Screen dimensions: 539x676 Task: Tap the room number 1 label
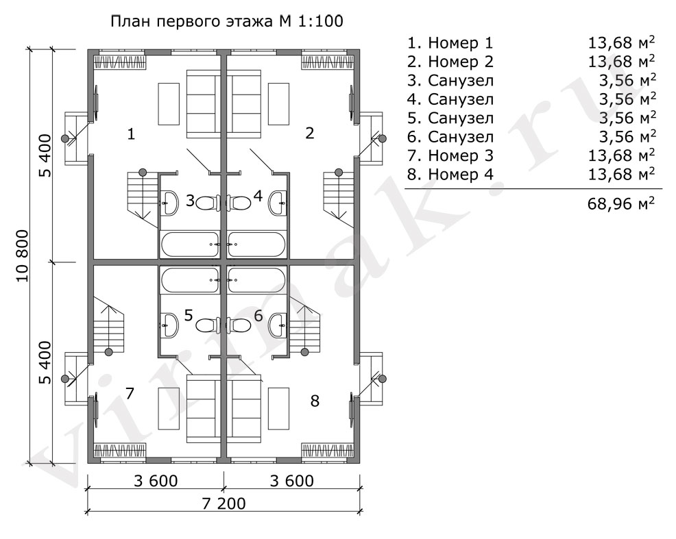pos(130,134)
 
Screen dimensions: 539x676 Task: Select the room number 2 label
pos(309,134)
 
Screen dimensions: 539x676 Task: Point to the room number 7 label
pos(130,392)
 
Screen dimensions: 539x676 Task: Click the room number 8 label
pos(315,401)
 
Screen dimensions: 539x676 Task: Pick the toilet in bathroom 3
pos(207,201)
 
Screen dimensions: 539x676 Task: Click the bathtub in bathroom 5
pos(189,279)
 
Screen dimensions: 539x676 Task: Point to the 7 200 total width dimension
pos(223,504)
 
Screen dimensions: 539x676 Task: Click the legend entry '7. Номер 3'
pos(450,155)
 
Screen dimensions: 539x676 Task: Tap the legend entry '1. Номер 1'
pos(450,43)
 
